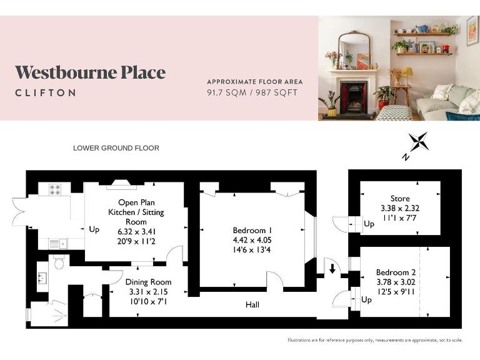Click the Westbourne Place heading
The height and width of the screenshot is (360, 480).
click(90, 72)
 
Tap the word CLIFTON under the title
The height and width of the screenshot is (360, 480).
click(46, 92)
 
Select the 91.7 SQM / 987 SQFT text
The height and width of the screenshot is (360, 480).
click(252, 92)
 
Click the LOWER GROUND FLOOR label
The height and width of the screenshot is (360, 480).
click(116, 148)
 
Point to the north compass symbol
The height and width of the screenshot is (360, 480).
click(417, 143)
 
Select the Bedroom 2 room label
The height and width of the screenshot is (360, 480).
click(396, 272)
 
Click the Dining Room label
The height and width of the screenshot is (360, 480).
click(149, 282)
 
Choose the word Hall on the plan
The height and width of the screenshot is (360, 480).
click(252, 305)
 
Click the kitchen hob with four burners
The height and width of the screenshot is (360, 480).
click(55, 189)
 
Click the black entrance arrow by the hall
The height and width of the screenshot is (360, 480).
click(331, 269)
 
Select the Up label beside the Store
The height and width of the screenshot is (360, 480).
click(369, 223)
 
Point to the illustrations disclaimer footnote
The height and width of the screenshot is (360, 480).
click(374, 340)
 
